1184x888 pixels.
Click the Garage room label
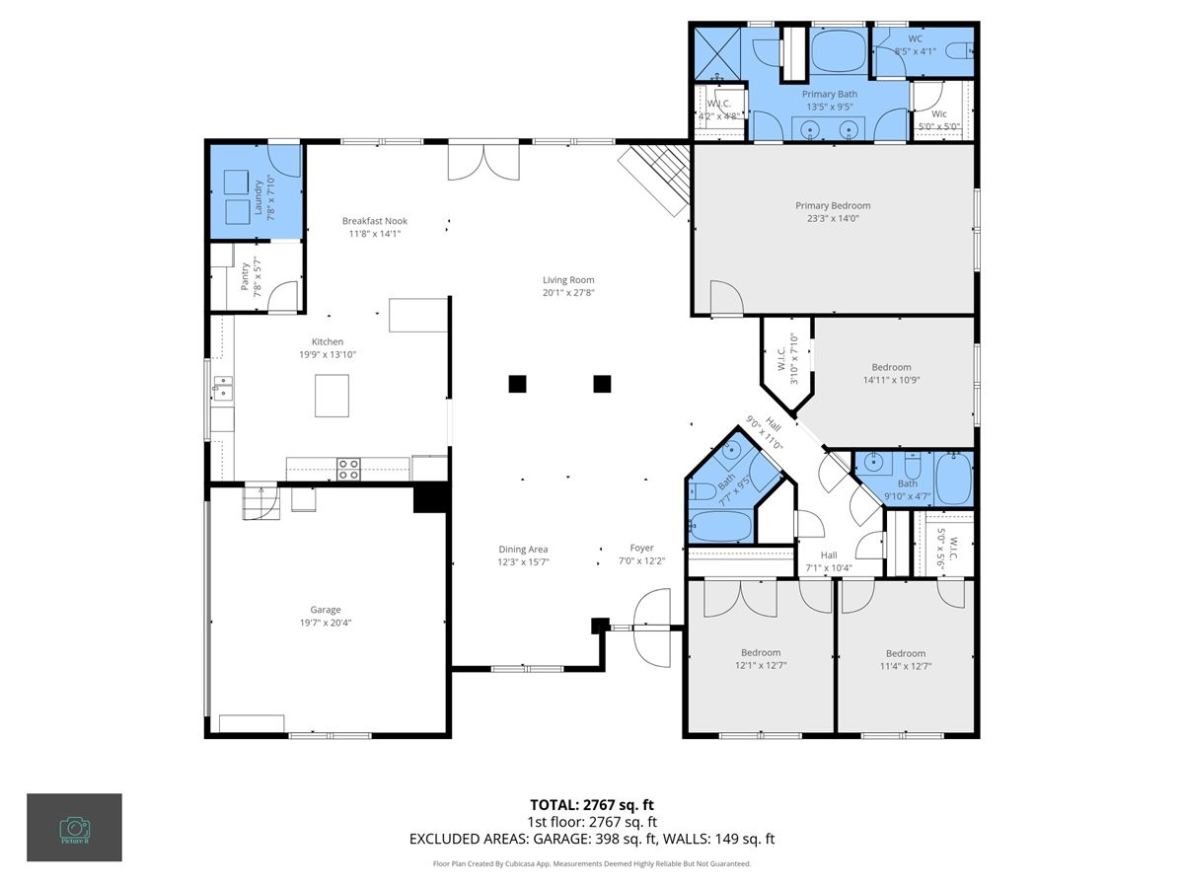point(325,610)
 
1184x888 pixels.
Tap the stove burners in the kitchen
point(348,469)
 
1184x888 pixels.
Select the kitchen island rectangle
point(332,396)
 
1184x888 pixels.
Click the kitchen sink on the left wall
point(221,387)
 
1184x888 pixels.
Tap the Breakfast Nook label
point(374,221)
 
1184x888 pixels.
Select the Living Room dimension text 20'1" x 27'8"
point(568,292)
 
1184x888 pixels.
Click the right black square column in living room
point(601,384)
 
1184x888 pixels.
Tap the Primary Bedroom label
point(833,205)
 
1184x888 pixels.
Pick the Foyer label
point(641,549)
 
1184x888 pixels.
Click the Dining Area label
point(523,550)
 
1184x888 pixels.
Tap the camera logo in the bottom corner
point(74,827)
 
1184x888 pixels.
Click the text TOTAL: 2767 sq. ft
point(592,804)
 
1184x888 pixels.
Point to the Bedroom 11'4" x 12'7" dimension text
point(905,666)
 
